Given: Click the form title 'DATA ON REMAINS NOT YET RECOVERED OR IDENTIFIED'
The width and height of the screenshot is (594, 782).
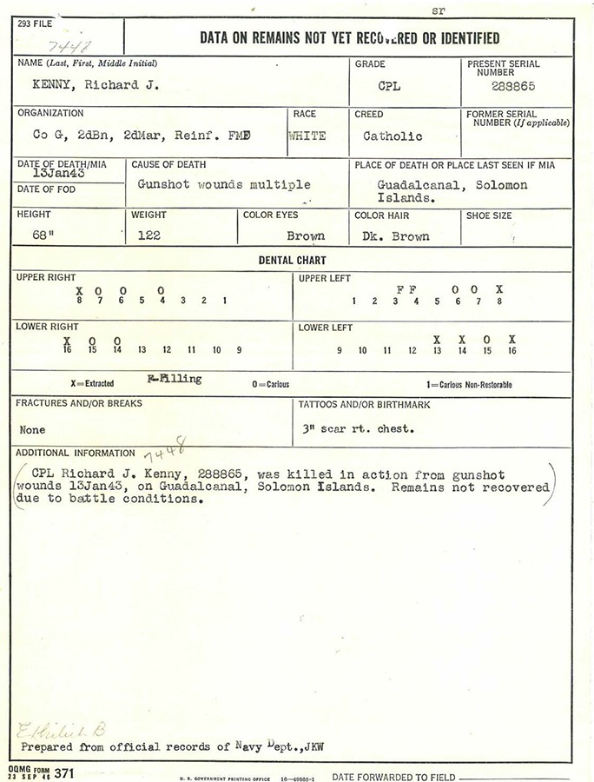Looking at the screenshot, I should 349,37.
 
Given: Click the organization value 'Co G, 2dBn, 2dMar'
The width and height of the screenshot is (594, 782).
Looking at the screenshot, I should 129,136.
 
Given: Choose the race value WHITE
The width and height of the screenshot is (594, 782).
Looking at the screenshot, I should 307,136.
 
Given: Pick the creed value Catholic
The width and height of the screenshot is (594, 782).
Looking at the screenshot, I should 393,136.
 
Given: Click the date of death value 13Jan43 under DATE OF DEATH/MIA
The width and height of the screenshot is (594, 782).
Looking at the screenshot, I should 41,174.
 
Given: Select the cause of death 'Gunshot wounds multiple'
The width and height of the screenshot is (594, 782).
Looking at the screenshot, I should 223,184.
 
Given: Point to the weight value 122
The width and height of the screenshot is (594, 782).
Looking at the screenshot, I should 148,235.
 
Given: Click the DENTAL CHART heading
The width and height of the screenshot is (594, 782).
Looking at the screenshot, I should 292,260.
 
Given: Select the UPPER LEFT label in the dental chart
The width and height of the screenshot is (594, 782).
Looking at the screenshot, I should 324,278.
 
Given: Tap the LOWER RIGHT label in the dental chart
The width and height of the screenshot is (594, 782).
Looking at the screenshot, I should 47,327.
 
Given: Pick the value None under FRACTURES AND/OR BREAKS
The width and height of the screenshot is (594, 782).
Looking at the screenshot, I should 32,429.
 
